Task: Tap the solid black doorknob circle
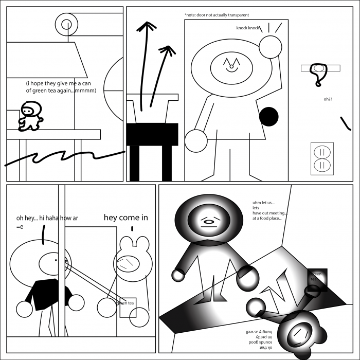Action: point(268,117)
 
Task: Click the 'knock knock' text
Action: point(247,28)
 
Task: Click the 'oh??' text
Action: point(328,99)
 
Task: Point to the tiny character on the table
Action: point(30,116)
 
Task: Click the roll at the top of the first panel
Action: point(66,24)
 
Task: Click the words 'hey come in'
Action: point(126,218)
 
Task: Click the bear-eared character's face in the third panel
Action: point(127,264)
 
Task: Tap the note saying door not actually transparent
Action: point(217,15)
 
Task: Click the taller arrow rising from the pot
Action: point(147,62)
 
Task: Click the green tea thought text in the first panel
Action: point(61,86)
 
